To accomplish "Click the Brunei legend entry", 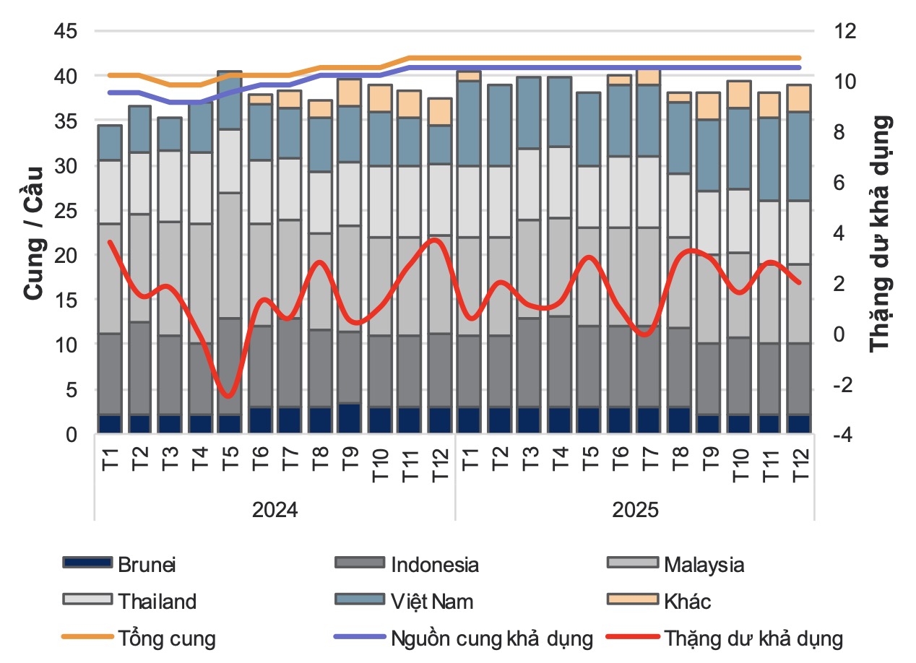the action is [119, 565].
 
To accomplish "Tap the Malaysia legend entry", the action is [675, 565].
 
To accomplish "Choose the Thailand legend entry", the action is [129, 601].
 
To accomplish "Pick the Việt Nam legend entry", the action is [404, 601].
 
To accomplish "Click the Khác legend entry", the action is [659, 601].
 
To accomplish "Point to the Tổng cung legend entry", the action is [139, 638].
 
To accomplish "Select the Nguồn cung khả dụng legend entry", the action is [464, 638].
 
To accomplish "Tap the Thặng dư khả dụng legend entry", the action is [725, 638].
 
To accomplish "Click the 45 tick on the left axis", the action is [66, 31].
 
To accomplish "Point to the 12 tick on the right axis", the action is [844, 31].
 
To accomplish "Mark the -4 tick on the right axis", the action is [843, 435].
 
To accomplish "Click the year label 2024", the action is [275, 510].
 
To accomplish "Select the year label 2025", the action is [635, 510].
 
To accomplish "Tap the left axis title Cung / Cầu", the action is [33, 233].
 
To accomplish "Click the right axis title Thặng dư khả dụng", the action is [881, 234].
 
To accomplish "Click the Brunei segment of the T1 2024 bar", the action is [110, 424].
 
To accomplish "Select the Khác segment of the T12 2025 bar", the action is [799, 98].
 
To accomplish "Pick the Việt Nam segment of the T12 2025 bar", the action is [799, 156].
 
